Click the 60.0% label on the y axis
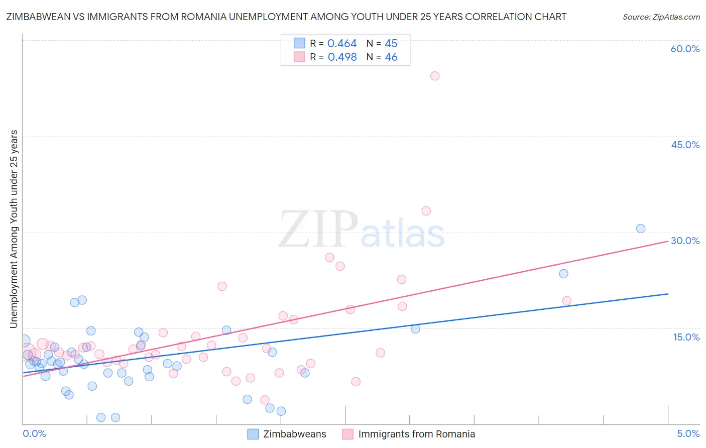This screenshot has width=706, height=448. (x=685, y=49)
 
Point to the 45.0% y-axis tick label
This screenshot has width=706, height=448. (x=685, y=145)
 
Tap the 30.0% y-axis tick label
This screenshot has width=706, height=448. (x=685, y=241)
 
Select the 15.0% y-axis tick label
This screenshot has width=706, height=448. (x=686, y=337)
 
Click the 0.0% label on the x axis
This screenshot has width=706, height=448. (x=34, y=433)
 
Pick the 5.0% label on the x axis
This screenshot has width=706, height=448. (x=688, y=433)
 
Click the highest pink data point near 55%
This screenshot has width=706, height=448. (x=435, y=76)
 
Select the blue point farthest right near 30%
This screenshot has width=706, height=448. (x=641, y=229)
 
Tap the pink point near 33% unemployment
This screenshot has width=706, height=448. (x=426, y=211)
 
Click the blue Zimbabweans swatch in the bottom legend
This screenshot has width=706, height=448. (x=253, y=434)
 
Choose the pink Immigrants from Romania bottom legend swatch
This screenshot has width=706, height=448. (x=347, y=434)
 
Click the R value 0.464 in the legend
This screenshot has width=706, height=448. (x=342, y=44)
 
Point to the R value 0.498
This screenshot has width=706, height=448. (x=342, y=57)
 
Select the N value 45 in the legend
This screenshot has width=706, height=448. (x=391, y=44)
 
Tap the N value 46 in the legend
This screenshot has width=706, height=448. (x=391, y=57)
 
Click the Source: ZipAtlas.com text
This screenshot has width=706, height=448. (x=661, y=17)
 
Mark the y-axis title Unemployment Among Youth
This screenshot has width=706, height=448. (x=14, y=229)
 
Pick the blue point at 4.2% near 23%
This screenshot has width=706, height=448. (x=563, y=274)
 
